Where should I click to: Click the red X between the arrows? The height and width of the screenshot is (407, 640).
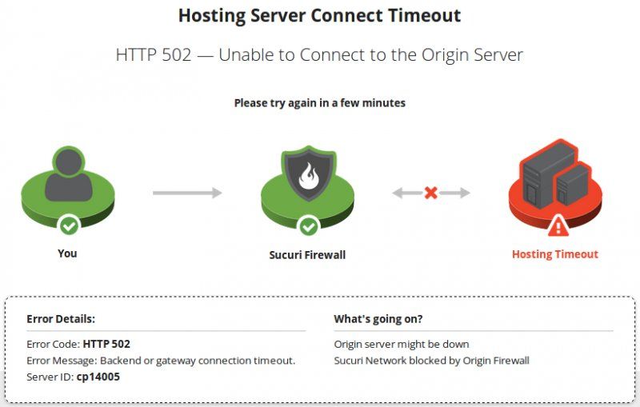click(x=430, y=193)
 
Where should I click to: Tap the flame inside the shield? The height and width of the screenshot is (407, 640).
click(x=309, y=176)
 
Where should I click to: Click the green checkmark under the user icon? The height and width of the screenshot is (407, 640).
click(x=69, y=225)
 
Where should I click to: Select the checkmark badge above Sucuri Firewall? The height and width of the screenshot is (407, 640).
click(x=309, y=226)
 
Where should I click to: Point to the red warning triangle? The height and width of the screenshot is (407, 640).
click(x=558, y=226)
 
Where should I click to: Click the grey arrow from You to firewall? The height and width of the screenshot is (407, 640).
click(x=187, y=193)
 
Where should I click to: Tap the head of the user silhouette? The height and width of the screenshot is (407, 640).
click(x=69, y=162)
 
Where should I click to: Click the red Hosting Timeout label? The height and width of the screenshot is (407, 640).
click(x=554, y=254)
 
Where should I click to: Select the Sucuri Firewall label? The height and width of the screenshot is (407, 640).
click(x=307, y=255)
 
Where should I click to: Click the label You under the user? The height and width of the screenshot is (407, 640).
click(x=67, y=253)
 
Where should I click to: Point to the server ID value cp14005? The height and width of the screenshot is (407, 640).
click(x=98, y=377)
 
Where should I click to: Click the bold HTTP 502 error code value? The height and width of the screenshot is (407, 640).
click(x=106, y=344)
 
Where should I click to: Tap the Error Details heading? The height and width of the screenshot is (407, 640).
click(x=61, y=318)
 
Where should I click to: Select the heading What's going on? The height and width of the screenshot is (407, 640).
click(x=378, y=318)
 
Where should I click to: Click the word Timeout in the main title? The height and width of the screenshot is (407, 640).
click(x=425, y=15)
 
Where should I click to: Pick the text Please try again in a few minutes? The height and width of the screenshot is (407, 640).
click(x=319, y=103)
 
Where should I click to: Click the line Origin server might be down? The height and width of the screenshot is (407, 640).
click(x=402, y=344)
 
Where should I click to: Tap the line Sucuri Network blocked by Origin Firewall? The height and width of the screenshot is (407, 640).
click(x=431, y=361)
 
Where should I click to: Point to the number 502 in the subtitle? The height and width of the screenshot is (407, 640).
click(x=176, y=54)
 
